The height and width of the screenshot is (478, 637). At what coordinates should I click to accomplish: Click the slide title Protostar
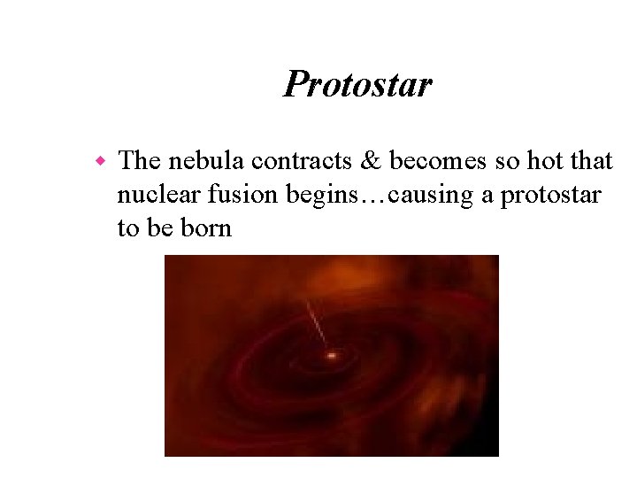coord(357,85)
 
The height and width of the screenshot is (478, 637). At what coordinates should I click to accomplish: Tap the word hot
coord(542,161)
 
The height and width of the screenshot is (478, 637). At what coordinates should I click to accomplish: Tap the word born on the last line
coord(205,228)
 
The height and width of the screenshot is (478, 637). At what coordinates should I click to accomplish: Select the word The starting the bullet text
coord(137,161)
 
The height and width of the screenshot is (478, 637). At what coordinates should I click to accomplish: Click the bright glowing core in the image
coord(333,356)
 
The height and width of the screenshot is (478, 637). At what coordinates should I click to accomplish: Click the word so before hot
coord(502,161)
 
